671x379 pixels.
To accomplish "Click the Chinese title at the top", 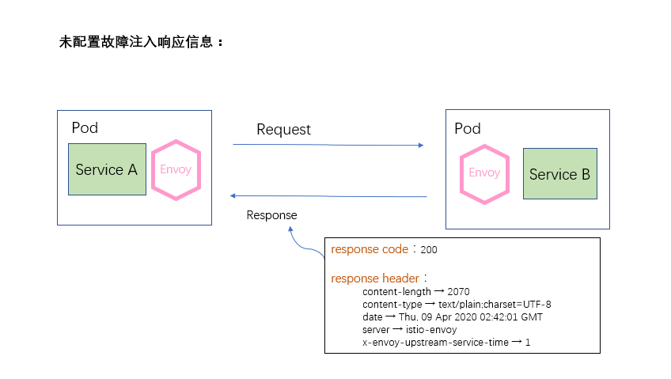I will click(x=142, y=42).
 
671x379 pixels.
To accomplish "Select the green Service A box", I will click(x=107, y=169).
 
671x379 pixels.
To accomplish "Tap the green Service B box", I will click(x=559, y=174).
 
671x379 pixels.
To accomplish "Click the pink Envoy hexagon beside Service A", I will click(x=176, y=169).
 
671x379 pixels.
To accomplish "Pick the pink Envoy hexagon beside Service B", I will click(x=484, y=173).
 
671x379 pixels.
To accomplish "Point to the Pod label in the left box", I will click(x=85, y=127).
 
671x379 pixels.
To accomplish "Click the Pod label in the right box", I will click(x=468, y=128).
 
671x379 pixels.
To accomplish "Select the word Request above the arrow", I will click(x=283, y=130).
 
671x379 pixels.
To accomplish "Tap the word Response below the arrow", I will click(x=271, y=214).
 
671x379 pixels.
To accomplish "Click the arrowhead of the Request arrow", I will click(x=420, y=146).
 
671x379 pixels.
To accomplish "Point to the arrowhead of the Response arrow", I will click(x=233, y=195).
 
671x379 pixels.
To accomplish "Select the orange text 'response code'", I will click(x=370, y=249).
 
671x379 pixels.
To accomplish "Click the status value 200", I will click(x=429, y=250).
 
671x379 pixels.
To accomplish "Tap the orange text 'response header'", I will click(x=376, y=279).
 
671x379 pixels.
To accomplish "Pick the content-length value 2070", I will click(x=458, y=292).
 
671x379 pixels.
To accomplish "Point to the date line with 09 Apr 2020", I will click(x=452, y=316).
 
